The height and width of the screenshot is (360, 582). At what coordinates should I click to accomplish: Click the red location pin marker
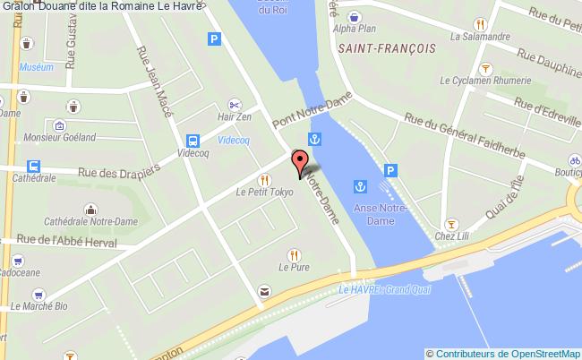pos(300,164)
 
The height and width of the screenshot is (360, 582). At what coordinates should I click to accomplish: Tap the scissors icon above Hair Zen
pos(235,102)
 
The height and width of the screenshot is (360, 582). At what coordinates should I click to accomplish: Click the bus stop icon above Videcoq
pos(193,141)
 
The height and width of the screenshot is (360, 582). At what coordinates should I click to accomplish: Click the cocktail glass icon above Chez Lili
pos(452,223)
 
